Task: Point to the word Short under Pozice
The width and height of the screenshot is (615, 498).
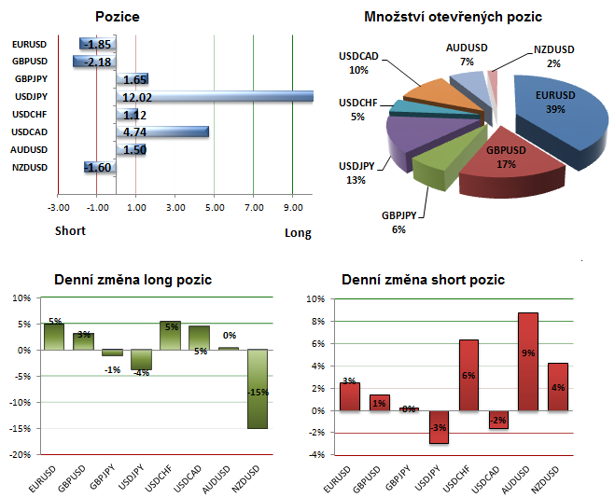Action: (x=70, y=230)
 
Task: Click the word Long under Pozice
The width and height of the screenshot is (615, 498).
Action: (x=298, y=233)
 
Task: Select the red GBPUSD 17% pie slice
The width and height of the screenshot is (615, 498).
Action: (x=509, y=168)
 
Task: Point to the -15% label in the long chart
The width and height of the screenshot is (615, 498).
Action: (x=258, y=392)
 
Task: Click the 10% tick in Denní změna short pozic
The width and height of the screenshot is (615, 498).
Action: (x=315, y=299)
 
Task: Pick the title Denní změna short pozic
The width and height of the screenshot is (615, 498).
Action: (x=424, y=280)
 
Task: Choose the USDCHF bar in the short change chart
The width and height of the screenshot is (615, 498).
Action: (x=468, y=375)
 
